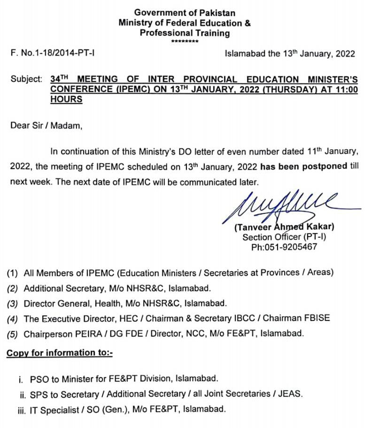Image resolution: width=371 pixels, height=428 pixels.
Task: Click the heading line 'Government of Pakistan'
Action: [x=185, y=13]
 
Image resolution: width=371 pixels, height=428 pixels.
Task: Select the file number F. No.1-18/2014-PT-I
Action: [x=53, y=54]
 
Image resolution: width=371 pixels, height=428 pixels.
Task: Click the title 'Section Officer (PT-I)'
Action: [x=284, y=237]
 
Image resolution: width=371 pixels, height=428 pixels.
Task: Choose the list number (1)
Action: [x=13, y=272]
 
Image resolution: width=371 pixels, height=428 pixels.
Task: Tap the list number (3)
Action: [x=13, y=303]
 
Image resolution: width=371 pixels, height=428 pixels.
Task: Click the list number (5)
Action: [x=13, y=334]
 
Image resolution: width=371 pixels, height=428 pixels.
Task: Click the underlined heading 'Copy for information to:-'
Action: [x=60, y=352]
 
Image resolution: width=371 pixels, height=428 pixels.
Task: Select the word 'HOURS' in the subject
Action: [x=66, y=99]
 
